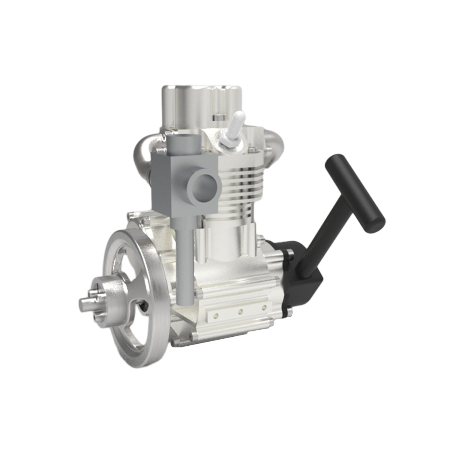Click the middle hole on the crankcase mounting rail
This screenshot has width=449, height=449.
[x=240, y=312]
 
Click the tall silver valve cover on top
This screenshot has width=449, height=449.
[x=193, y=104]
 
